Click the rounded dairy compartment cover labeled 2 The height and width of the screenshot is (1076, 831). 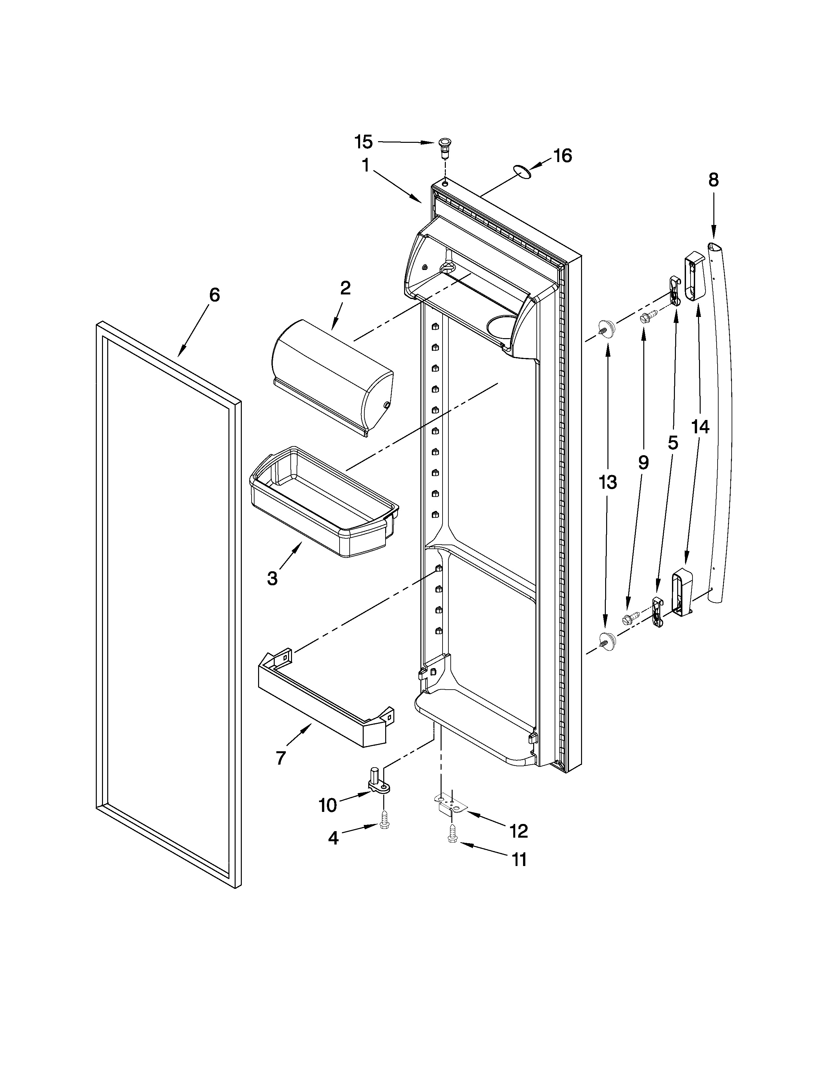point(332,377)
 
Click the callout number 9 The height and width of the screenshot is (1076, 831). point(643,462)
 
